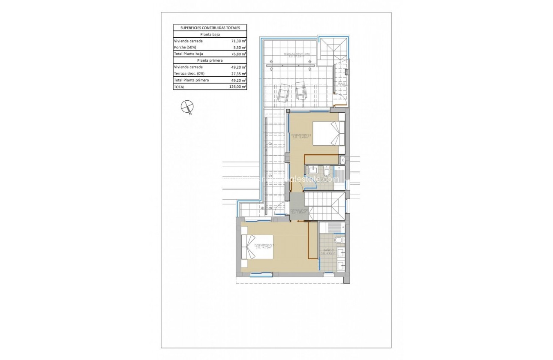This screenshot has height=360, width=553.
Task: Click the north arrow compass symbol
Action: [x=187, y=107]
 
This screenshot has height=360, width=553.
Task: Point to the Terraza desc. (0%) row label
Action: [x=188, y=73]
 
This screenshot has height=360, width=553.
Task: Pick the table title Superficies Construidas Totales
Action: [x=210, y=27]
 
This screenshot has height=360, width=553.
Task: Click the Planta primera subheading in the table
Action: [x=210, y=60]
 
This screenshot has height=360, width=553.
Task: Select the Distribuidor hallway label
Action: [x=298, y=211]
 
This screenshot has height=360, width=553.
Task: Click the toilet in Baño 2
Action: [x=338, y=240]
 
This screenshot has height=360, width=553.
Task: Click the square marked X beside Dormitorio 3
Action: [x=343, y=160]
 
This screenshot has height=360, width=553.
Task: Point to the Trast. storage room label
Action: [x=341, y=84]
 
